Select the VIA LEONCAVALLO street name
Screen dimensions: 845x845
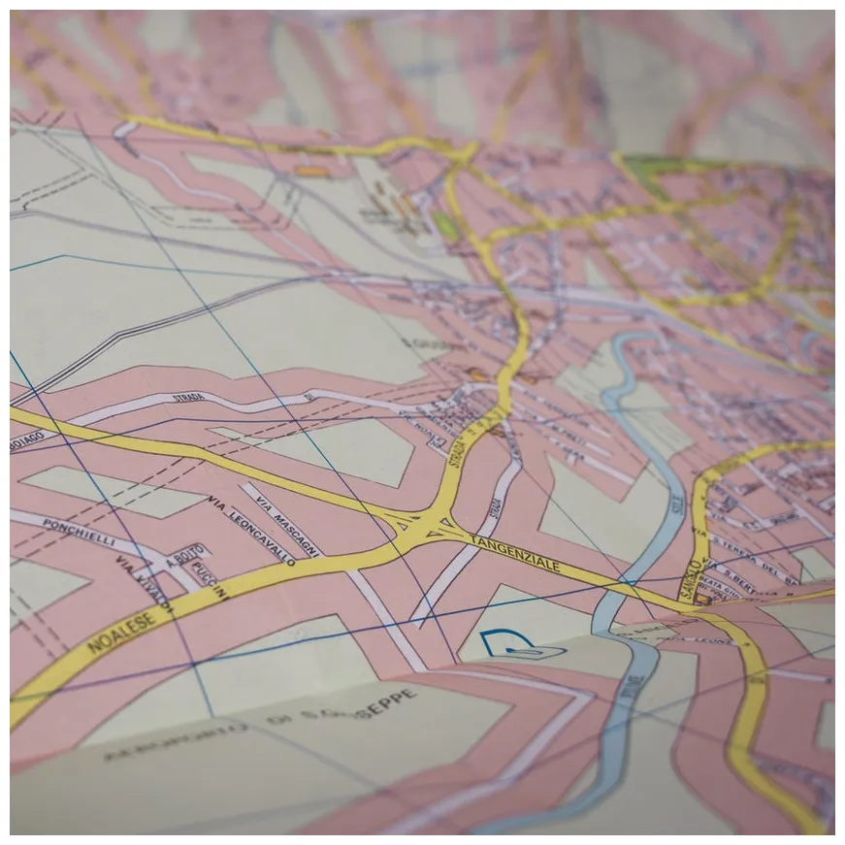[x=250, y=528]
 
